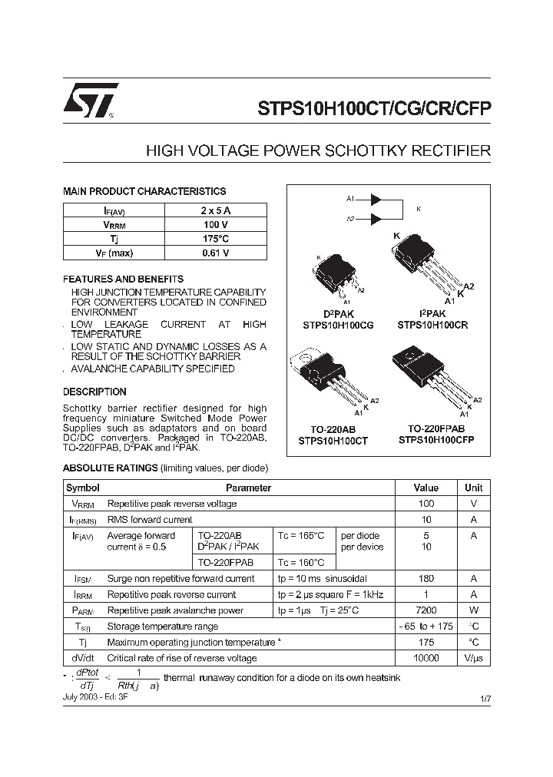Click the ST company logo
tap(91, 100)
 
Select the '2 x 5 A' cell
tap(215, 210)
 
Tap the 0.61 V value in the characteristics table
tap(215, 253)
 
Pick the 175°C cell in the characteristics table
tap(215, 239)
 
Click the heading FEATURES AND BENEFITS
tap(123, 279)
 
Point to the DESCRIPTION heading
tap(94, 392)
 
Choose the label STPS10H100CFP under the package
tap(436, 441)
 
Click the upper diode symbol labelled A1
tap(376, 199)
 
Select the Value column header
tap(426, 488)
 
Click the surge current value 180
tap(426, 578)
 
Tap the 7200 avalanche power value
tap(426, 610)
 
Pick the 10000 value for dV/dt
tap(426, 658)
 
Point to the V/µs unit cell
tap(474, 658)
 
